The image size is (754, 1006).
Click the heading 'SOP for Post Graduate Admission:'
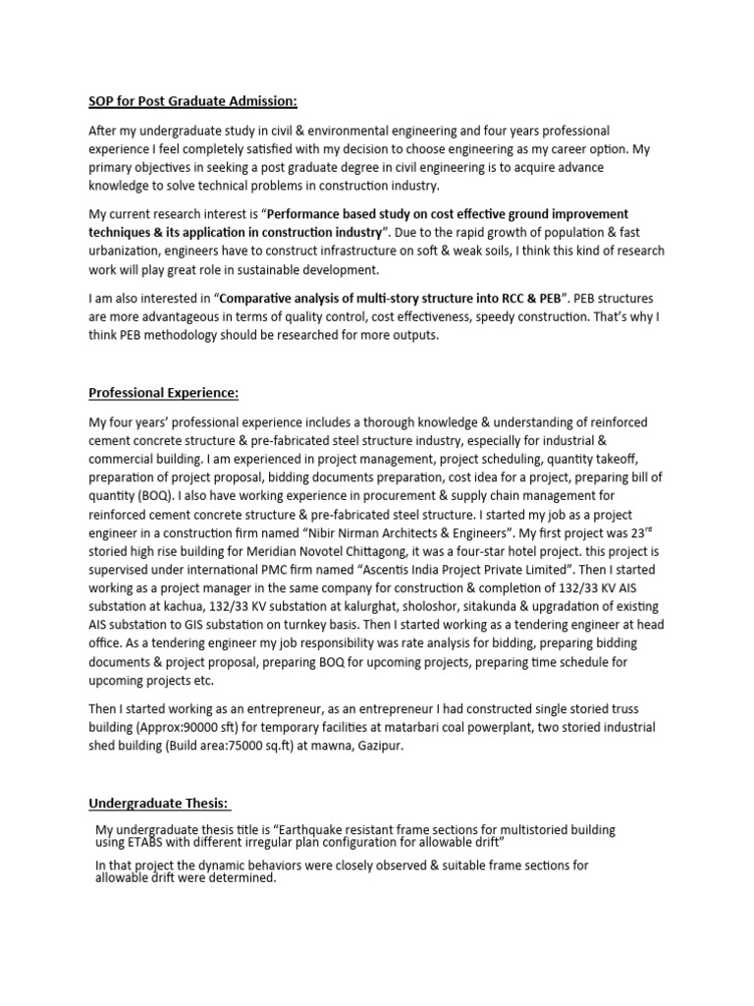pos(193,101)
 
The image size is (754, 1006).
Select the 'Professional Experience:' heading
pos(164,394)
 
